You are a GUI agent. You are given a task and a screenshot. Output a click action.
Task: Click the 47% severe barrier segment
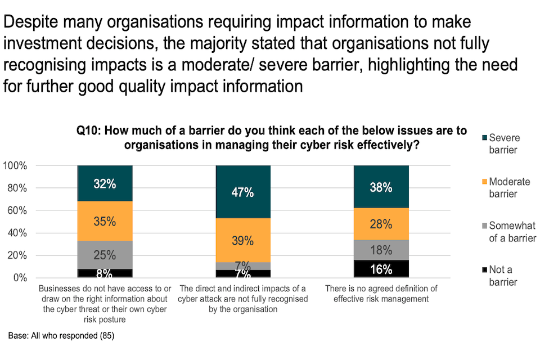(x=243, y=192)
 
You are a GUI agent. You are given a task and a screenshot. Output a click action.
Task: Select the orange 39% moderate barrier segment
(x=243, y=240)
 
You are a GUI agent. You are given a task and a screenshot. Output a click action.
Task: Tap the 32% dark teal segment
(x=105, y=183)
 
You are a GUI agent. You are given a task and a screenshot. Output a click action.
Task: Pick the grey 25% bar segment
(x=105, y=255)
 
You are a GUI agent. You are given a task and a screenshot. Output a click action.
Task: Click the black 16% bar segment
(x=381, y=269)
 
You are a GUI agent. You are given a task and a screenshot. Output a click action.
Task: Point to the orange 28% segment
(x=381, y=224)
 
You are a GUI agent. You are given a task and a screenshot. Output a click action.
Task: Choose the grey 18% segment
(x=381, y=250)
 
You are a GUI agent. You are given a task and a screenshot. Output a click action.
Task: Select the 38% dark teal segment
(x=381, y=187)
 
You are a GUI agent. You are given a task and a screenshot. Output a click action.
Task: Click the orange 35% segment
(x=105, y=221)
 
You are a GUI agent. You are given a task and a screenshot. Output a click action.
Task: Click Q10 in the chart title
(x=88, y=131)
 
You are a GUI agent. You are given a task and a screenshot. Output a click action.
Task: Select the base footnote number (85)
(x=106, y=336)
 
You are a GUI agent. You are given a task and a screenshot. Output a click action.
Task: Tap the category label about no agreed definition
(x=381, y=294)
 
